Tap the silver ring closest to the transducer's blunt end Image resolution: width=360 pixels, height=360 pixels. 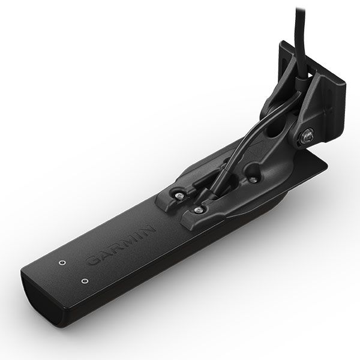(85, 281)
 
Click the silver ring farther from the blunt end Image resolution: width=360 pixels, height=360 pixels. (61, 262)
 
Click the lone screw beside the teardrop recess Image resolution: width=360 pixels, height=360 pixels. (253, 180)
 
